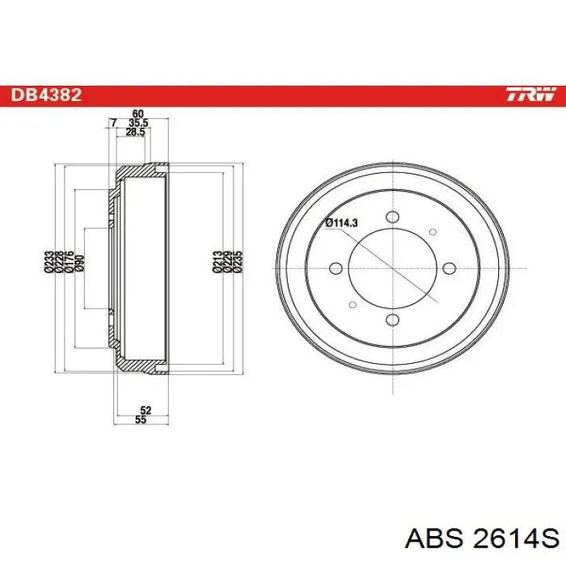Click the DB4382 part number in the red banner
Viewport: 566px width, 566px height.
(x=46, y=95)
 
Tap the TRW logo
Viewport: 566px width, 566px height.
(x=530, y=95)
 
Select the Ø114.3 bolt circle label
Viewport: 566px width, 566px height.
(x=341, y=223)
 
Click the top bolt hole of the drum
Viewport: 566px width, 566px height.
(x=392, y=217)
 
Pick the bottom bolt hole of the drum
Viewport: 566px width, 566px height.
(x=392, y=319)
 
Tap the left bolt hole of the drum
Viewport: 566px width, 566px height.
(x=336, y=268)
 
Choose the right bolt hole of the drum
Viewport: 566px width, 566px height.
(x=450, y=268)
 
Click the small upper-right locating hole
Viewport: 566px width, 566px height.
(x=433, y=232)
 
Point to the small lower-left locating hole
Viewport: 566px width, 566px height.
(x=353, y=305)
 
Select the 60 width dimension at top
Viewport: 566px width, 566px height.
(x=138, y=114)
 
